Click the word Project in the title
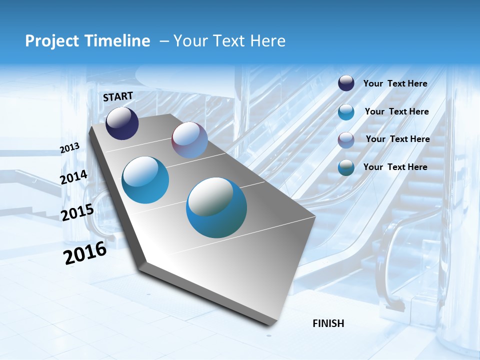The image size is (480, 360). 51,41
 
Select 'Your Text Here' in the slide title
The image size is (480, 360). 229,41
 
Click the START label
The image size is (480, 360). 118,96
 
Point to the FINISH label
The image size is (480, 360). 328,323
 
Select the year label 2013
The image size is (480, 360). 70,148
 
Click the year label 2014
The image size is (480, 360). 74,177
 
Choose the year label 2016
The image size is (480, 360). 85,253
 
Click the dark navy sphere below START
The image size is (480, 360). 122,123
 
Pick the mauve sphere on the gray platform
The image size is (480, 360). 189,140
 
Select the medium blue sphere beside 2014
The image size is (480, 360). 145,180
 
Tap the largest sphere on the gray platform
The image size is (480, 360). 216,207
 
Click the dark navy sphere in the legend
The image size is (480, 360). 346,83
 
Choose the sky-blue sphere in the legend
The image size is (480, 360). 346,112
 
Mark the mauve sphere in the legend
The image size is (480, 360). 346,139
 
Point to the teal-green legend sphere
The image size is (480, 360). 346,167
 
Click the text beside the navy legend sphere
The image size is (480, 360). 395,83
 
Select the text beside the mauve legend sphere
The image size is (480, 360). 397,139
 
